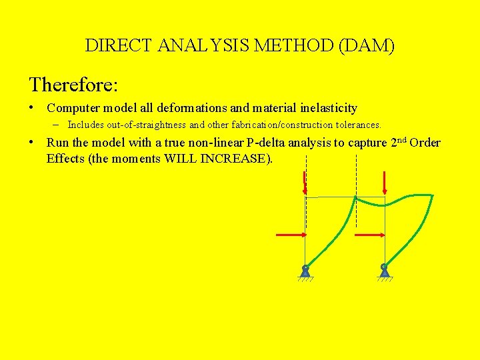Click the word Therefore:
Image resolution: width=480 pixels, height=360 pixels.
point(73,85)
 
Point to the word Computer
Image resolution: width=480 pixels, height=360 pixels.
point(73,108)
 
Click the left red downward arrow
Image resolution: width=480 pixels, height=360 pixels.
point(305,183)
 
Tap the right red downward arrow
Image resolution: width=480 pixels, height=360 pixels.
point(385,183)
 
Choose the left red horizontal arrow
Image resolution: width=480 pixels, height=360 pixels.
point(291,235)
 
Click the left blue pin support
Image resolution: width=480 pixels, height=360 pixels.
point(305,271)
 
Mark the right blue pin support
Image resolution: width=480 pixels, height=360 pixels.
point(385,271)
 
